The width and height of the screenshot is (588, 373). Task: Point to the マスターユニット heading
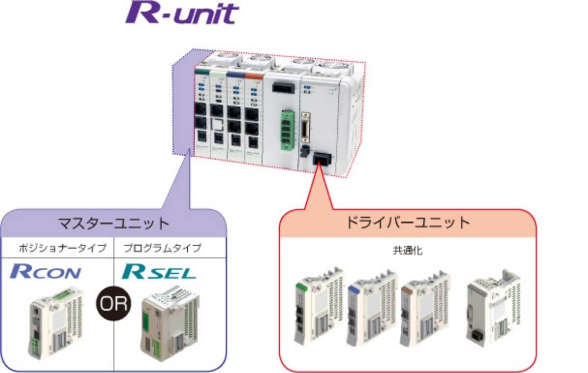coord(113,224)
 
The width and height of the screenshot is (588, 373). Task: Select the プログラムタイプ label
coord(162,248)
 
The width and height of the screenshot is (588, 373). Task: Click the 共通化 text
coord(407,251)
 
